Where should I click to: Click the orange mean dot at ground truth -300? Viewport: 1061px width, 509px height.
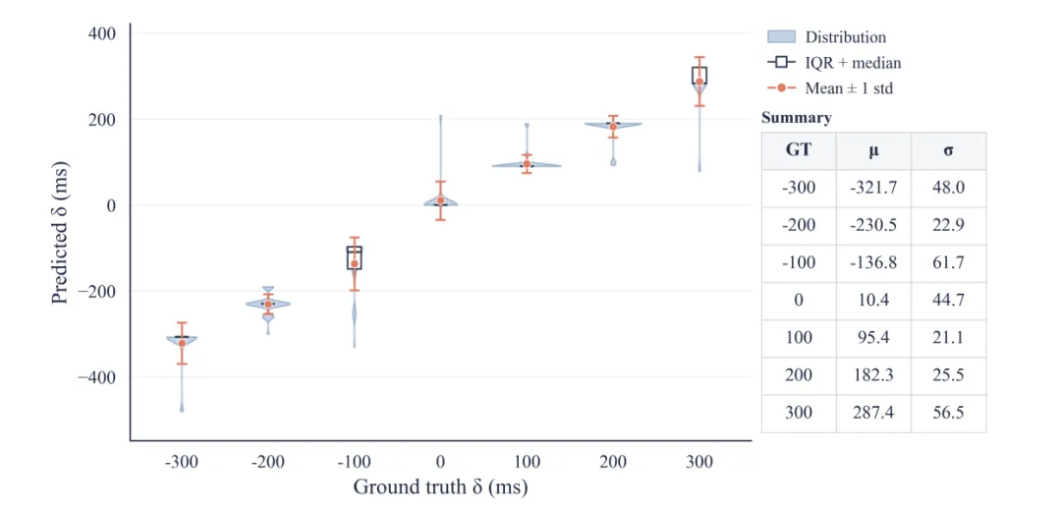(182, 343)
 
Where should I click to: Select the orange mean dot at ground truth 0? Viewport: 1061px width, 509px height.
(440, 200)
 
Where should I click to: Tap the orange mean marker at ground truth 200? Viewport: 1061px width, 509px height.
(613, 127)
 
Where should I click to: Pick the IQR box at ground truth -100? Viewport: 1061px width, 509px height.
(354, 257)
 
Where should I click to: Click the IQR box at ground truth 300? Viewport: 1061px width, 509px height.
(699, 75)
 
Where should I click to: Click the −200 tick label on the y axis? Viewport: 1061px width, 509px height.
(96, 291)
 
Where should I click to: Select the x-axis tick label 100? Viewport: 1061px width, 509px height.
(528, 462)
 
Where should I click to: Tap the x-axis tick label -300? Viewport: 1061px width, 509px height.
(182, 462)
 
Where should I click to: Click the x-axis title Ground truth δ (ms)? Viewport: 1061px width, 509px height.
(440, 486)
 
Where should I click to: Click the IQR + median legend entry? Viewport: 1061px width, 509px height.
(834, 62)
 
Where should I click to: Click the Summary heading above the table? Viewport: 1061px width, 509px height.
(797, 118)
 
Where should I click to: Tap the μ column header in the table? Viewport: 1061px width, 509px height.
(873, 151)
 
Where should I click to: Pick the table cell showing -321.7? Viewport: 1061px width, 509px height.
(873, 188)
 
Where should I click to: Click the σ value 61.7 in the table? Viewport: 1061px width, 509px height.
(948, 262)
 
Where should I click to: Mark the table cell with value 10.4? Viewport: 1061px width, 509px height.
(873, 301)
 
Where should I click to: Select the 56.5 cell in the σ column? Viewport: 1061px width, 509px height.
(948, 413)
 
